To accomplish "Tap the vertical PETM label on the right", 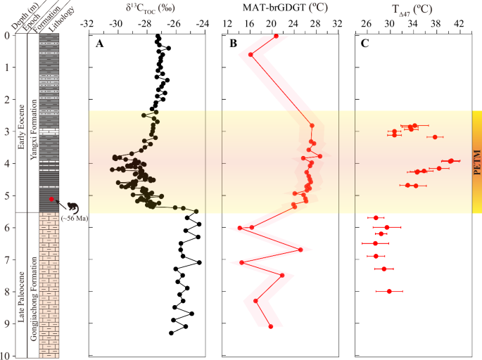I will coord(476,162).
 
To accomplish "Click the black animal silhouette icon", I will coord(73,207).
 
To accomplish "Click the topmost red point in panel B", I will coord(276,36).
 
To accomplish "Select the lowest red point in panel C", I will coord(389,291).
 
